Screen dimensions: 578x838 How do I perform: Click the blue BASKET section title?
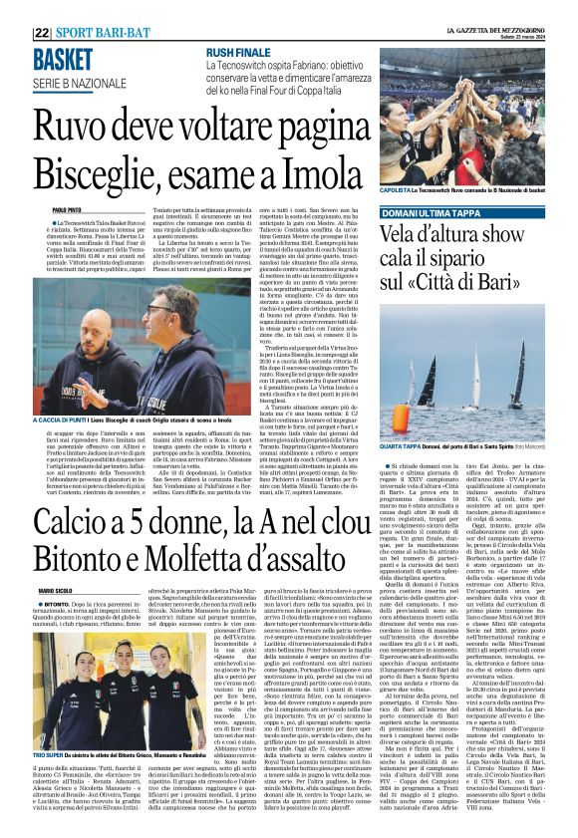(62, 60)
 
